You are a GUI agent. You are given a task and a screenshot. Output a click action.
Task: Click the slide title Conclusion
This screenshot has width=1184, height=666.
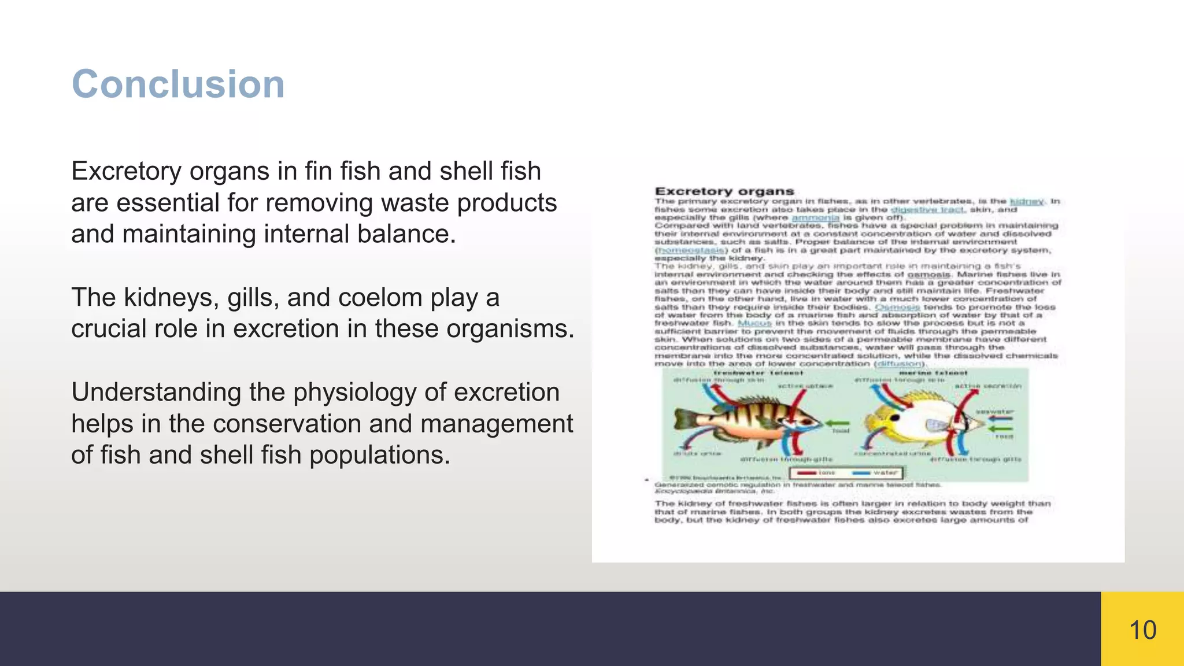click(x=178, y=84)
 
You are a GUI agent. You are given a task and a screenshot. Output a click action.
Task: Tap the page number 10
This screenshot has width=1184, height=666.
click(x=1142, y=630)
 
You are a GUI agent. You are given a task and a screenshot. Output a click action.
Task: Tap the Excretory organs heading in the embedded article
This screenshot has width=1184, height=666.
click(x=724, y=191)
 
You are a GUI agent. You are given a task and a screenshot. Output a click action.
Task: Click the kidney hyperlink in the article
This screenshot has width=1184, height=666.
click(x=1027, y=201)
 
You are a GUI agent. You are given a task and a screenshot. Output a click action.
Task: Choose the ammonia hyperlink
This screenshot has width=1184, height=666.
click(x=815, y=217)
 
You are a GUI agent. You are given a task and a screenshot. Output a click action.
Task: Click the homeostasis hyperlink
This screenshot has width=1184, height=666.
click(x=691, y=250)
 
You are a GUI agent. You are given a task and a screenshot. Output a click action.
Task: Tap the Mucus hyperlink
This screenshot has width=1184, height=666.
click(x=755, y=323)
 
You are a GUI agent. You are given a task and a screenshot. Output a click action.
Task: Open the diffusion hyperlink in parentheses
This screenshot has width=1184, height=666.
click(x=900, y=364)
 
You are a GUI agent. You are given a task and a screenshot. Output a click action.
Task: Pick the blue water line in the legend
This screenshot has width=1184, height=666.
click(x=862, y=473)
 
